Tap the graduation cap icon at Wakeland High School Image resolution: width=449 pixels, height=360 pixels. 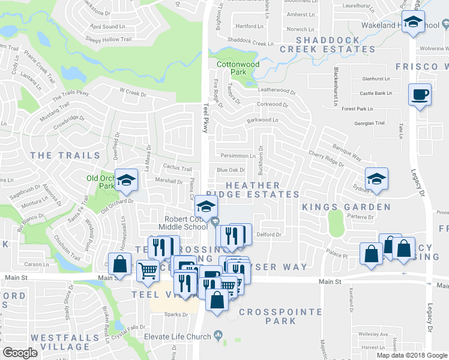pyautogui.click(x=412, y=22)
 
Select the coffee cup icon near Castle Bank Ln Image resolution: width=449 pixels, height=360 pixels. pyautogui.click(x=419, y=94)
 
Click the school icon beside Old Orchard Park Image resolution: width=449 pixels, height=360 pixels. pyautogui.click(x=126, y=180)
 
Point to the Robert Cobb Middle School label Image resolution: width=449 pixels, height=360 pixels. pyautogui.click(x=183, y=223)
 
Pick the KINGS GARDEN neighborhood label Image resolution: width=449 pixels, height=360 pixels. pyautogui.click(x=346, y=207)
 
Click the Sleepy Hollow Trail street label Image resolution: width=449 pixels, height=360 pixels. pyautogui.click(x=108, y=40)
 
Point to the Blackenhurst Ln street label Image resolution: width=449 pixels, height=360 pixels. pyautogui.click(x=335, y=88)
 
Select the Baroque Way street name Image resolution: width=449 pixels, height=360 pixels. pyautogui.click(x=348, y=152)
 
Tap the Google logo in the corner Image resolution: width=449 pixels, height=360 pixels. pyautogui.click(x=20, y=353)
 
